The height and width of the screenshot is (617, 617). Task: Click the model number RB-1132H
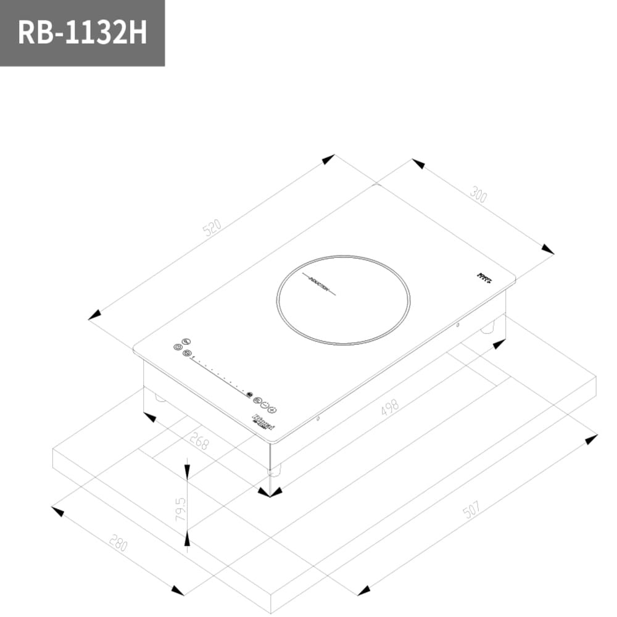pos(82,32)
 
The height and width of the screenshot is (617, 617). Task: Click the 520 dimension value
pos(212,228)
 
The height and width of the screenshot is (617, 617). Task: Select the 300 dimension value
pos(478,194)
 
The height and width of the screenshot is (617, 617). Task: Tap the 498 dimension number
pos(390,407)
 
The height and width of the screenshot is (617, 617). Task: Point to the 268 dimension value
pos(199,441)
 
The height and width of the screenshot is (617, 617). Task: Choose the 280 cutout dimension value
pos(118,543)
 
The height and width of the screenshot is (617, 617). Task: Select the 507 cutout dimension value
pos(471,510)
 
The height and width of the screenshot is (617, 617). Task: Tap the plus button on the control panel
pos(272,410)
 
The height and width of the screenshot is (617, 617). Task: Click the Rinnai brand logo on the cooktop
pos(263,423)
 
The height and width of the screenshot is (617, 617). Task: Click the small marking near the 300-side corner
pos(485,279)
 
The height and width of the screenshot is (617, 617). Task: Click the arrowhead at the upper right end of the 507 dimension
pos(591,439)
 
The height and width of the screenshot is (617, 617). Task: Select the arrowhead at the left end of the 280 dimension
pos(58,511)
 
